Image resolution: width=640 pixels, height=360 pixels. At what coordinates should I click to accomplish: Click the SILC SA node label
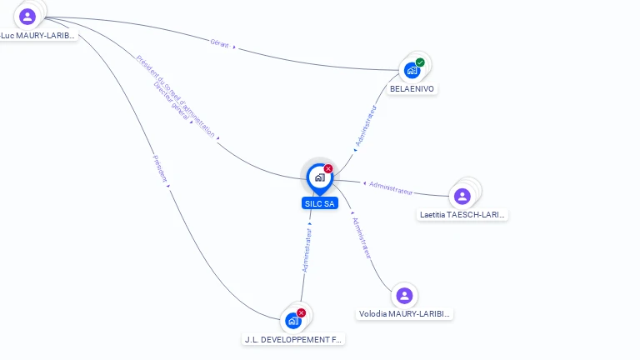[320, 203]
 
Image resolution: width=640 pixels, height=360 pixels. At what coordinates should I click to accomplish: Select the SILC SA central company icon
[319, 177]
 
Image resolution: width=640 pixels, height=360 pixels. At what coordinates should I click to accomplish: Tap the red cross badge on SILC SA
[328, 168]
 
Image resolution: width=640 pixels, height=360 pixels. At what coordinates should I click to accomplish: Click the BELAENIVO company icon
[412, 71]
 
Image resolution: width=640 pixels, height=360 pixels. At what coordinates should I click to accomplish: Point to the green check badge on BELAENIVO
[420, 62]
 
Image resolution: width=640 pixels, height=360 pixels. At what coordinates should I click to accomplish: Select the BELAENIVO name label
[412, 89]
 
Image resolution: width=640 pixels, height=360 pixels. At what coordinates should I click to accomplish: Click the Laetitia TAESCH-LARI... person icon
[462, 197]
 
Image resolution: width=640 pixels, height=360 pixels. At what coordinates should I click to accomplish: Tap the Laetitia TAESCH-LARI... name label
[462, 215]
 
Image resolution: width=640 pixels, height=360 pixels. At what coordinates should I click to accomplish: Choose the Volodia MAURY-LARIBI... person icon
[404, 296]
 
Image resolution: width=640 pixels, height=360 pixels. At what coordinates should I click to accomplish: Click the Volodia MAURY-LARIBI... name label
[404, 314]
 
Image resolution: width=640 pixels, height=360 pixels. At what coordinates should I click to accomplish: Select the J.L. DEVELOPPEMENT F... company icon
[292, 321]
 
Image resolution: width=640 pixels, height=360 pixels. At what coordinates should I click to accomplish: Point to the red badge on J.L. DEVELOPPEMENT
[302, 312]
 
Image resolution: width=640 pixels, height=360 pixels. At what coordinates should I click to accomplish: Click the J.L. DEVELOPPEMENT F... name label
[292, 340]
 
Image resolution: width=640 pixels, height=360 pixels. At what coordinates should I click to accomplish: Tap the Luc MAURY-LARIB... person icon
[27, 17]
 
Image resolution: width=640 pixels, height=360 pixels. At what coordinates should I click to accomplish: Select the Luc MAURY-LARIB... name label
[37, 36]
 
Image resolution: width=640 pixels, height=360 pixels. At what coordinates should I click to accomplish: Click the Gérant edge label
[220, 44]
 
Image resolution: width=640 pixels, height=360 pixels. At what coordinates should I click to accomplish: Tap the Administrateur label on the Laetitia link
[391, 187]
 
